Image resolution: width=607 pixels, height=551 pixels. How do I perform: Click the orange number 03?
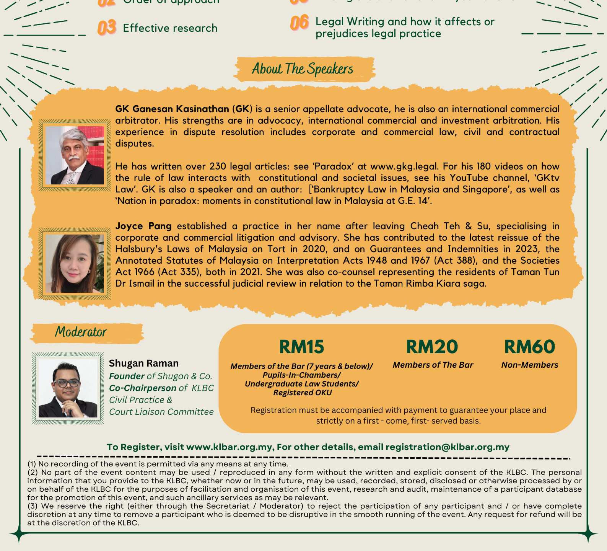[x=107, y=28]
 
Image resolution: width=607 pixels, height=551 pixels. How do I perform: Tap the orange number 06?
[x=299, y=23]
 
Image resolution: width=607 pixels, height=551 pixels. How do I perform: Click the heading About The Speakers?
[x=303, y=69]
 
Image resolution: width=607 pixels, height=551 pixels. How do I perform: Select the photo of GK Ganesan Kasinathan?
[x=75, y=155]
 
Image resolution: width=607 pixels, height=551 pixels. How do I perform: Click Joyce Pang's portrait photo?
[x=75, y=264]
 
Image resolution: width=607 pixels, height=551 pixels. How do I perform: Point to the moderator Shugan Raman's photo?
[x=68, y=388]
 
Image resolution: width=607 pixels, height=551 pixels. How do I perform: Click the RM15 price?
[x=301, y=347]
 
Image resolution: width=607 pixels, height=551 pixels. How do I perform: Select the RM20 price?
[x=432, y=347]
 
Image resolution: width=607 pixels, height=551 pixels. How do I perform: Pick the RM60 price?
[x=529, y=347]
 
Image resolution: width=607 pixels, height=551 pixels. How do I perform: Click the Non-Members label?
[x=529, y=365]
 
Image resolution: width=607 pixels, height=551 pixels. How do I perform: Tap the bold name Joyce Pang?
[x=143, y=226]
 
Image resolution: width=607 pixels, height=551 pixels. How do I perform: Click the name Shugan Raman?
[x=144, y=363]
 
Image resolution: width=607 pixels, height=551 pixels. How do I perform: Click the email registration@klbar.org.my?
[x=448, y=447]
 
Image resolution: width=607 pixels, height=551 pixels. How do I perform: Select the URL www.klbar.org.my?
[x=229, y=447]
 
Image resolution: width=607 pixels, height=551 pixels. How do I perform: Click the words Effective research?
[x=170, y=28]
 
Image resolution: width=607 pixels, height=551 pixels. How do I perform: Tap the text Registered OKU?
[x=302, y=393]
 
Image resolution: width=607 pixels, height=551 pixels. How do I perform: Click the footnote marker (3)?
[x=32, y=506]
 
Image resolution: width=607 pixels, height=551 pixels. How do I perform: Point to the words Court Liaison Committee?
[x=161, y=412]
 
